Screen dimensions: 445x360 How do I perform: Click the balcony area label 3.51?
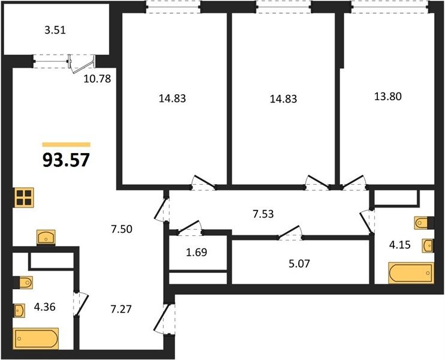click(55, 30)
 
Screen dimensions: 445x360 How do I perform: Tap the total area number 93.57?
click(66, 160)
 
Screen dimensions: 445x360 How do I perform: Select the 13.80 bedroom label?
click(388, 97)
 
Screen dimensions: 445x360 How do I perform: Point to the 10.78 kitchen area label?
click(97, 79)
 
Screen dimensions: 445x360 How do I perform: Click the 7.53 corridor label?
click(263, 214)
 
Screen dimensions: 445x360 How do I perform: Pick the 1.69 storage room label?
click(196, 252)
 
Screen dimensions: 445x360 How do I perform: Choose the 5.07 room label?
click(299, 263)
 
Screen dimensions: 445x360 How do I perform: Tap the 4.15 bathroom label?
click(399, 245)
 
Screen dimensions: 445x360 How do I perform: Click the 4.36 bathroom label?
click(44, 307)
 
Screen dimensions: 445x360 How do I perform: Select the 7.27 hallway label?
click(121, 309)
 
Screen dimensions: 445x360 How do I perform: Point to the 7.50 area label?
click(122, 229)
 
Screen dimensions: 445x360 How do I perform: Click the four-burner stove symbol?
click(24, 197)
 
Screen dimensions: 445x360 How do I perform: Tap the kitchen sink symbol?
click(46, 238)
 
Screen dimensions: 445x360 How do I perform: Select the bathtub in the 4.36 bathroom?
click(37, 338)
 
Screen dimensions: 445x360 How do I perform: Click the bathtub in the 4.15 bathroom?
click(411, 273)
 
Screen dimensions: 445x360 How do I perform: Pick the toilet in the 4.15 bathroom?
click(424, 223)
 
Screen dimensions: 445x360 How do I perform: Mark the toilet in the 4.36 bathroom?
click(23, 282)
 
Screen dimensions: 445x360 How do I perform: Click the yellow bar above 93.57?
click(66, 145)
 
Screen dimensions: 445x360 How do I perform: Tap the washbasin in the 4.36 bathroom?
click(19, 310)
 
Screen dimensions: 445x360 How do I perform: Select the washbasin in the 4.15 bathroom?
click(428, 245)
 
